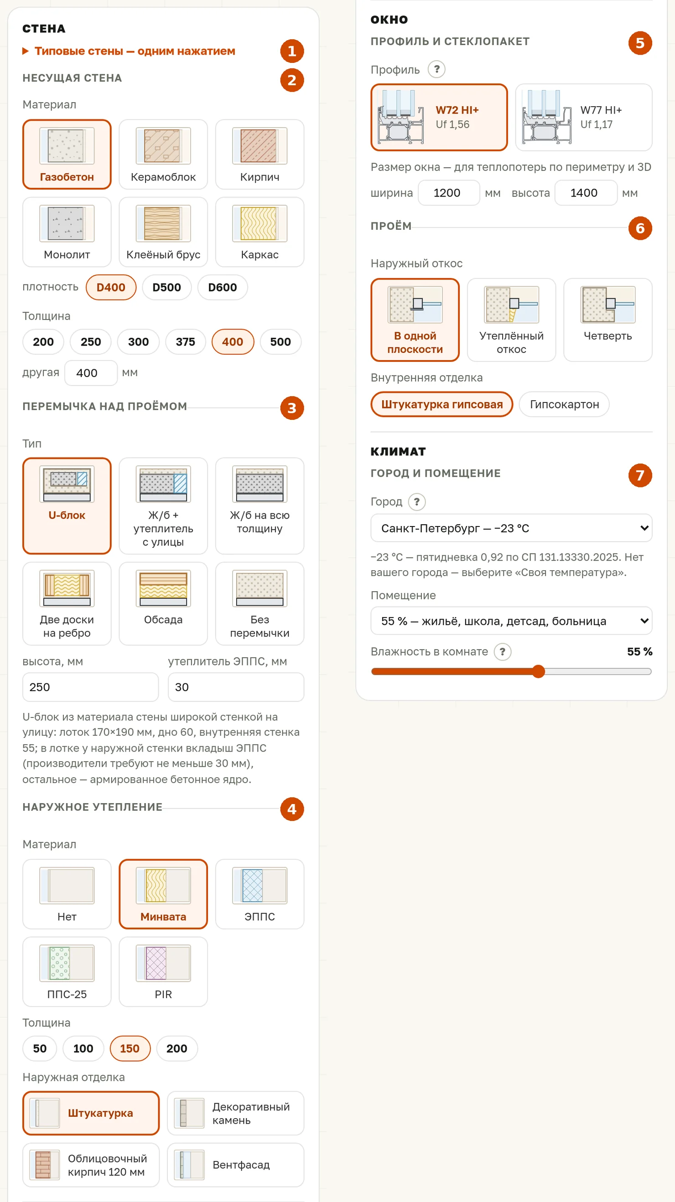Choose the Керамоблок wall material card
click(163, 155)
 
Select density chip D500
click(166, 288)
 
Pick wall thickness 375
click(185, 342)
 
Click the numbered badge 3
click(292, 408)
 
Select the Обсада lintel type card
click(163, 604)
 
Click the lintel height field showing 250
click(91, 687)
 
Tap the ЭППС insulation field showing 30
click(236, 687)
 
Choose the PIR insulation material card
click(163, 971)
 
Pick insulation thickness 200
click(177, 1048)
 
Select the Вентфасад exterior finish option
click(236, 1165)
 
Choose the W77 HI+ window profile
click(583, 118)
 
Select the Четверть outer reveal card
click(608, 320)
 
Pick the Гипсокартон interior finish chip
click(564, 404)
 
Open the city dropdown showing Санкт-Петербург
click(511, 528)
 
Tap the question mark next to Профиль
click(436, 70)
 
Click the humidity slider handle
click(538, 671)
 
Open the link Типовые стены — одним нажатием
click(135, 51)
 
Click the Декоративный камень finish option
click(236, 1114)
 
